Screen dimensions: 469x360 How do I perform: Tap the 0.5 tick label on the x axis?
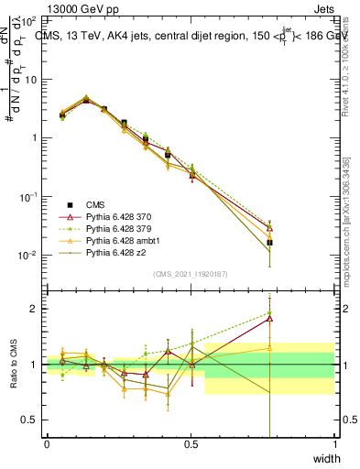[x=191, y=444]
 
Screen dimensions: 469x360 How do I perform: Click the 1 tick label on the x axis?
[x=334, y=444]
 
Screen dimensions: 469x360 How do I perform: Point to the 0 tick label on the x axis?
[x=47, y=444]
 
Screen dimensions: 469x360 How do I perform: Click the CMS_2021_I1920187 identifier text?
[x=191, y=274]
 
